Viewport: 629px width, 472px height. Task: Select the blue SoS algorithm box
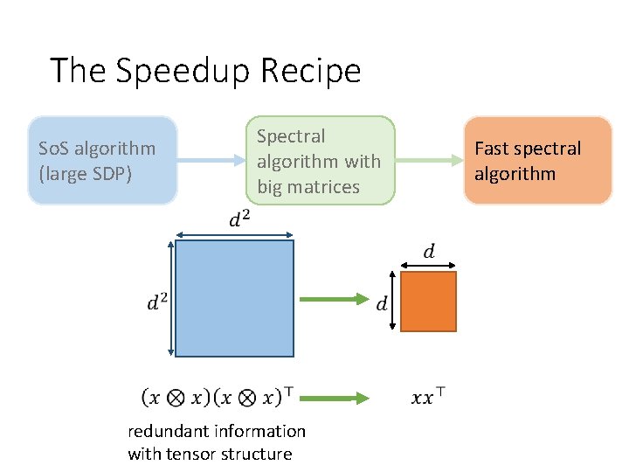tap(102, 161)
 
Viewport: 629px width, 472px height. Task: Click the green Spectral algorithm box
tap(319, 161)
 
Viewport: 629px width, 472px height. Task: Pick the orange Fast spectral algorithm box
tap(537, 161)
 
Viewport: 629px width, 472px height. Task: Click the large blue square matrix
tap(235, 298)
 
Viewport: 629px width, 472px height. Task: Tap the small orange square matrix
tap(429, 302)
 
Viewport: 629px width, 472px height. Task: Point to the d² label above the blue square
tap(238, 219)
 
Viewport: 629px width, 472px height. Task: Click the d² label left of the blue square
tap(157, 303)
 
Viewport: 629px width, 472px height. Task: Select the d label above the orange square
tap(429, 252)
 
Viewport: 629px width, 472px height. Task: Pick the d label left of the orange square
tap(382, 304)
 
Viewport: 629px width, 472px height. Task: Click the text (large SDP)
tap(86, 173)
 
